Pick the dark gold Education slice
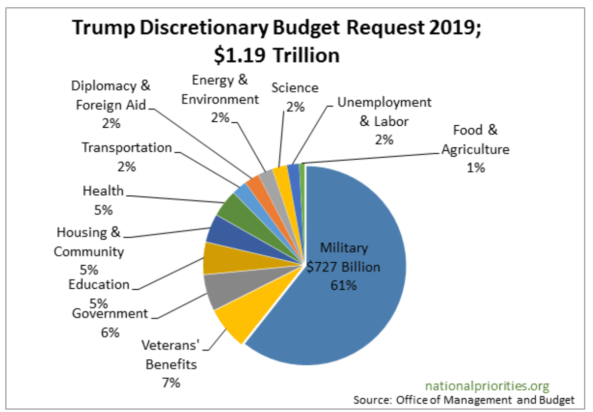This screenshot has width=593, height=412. coord(213,259)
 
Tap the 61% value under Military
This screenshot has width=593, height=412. coord(343,285)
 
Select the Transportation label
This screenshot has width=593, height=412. coord(127,147)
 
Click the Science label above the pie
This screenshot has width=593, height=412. coord(295,88)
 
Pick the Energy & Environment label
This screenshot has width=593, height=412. coord(220,90)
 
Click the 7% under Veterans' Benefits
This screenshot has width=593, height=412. coord(171,383)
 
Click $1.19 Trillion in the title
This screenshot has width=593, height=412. coord(276,55)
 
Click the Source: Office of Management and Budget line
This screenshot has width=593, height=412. coord(463,400)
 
